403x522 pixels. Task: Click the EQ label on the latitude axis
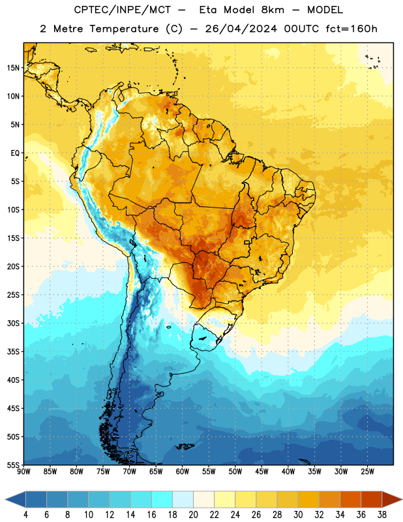point(15,153)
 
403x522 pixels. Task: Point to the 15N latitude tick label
point(13,68)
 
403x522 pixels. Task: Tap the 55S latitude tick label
point(13,465)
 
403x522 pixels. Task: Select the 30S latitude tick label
point(13,323)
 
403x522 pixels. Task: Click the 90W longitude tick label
point(23,472)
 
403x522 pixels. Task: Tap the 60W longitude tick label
point(183,472)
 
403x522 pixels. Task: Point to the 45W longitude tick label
point(261,472)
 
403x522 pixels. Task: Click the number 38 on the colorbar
point(382,515)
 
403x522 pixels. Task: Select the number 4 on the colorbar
point(25,515)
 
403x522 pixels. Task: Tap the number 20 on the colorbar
point(193,515)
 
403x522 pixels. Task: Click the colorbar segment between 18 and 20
point(183,500)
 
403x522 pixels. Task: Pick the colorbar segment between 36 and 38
point(372,500)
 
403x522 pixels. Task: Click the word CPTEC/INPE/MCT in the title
point(122,10)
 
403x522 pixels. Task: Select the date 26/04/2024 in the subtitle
point(241,29)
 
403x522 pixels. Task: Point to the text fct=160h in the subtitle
point(351,29)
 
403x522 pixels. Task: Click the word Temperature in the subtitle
point(124,29)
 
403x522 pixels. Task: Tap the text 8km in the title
point(273,10)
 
